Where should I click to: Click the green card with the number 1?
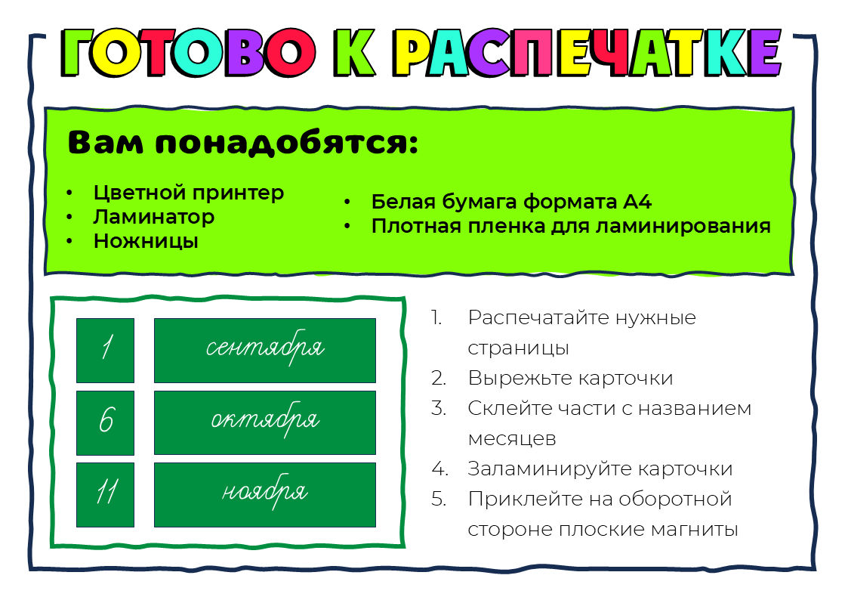tap(106, 351)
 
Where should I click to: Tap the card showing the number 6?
tap(106, 422)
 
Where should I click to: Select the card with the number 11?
tap(106, 494)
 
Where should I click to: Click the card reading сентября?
tap(265, 351)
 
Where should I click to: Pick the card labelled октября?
tap(265, 422)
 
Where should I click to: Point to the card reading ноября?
tap(265, 494)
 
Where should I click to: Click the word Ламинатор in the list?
tap(154, 217)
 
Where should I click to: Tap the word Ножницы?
tap(146, 241)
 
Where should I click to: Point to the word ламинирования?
tap(683, 226)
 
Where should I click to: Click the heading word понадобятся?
tap(287, 143)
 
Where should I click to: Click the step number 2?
tap(439, 378)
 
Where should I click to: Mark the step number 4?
tap(439, 469)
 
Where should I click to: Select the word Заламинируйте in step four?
tap(549, 469)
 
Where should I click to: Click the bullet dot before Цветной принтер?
tap(69, 193)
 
